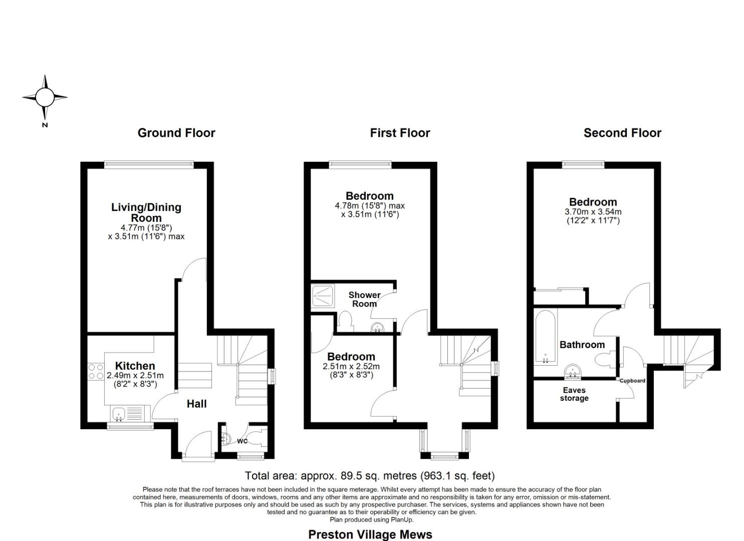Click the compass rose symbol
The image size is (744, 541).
[45, 97]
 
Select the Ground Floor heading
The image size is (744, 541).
[176, 133]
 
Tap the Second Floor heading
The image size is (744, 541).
[622, 133]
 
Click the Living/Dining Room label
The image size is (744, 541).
[146, 212]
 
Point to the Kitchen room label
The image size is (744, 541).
[135, 366]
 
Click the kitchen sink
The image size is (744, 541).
[119, 414]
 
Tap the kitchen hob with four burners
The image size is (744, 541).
[96, 371]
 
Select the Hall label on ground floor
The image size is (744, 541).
[196, 404]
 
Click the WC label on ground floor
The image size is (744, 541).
[242, 441]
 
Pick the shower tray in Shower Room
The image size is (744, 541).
[323, 295]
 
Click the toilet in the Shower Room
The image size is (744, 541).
[345, 321]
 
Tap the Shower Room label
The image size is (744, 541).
[364, 299]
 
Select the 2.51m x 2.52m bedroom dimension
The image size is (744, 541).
[351, 367]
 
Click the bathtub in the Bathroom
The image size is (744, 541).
[545, 336]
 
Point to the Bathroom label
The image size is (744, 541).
[582, 345]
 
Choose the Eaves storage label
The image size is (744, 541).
[574, 394]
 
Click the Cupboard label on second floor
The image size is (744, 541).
[632, 381]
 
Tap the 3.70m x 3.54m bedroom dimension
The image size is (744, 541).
[593, 212]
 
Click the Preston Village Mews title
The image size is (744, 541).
[370, 534]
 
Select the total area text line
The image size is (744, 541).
[370, 475]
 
